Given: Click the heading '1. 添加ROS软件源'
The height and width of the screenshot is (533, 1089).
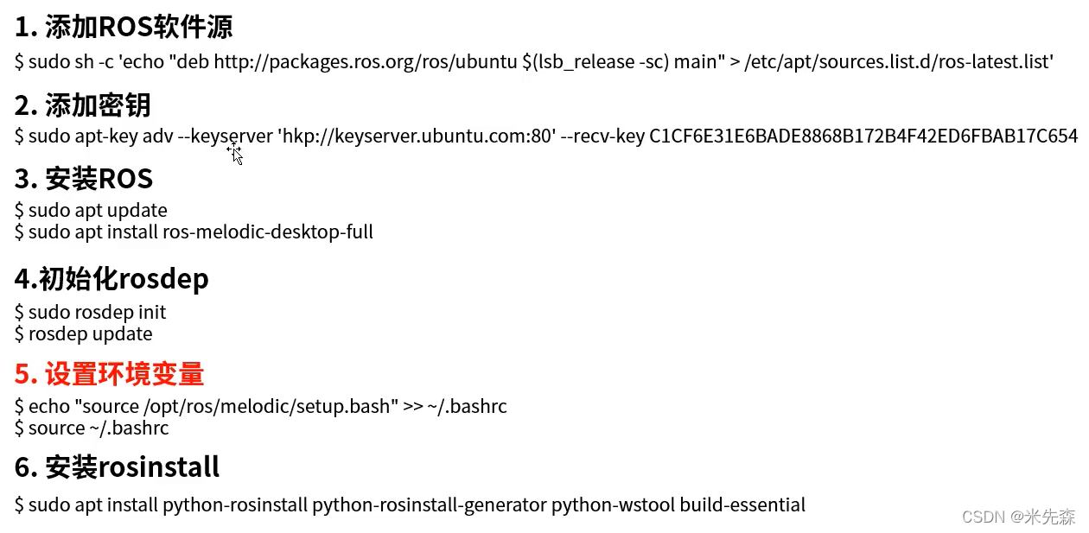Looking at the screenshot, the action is point(124,28).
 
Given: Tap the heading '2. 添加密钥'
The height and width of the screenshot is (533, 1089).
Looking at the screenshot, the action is point(83,105).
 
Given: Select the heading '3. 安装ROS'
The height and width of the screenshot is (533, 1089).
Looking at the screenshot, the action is point(84,179).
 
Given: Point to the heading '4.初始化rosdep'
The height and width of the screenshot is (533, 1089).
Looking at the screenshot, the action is point(111,279).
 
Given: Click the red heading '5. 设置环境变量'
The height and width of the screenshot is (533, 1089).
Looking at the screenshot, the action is point(109,374).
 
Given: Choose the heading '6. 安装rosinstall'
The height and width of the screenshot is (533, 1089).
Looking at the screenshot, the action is point(117,467).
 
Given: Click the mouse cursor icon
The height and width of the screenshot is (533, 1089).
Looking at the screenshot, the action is point(235,154).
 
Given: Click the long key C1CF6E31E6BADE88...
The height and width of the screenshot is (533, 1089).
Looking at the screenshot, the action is point(863,136).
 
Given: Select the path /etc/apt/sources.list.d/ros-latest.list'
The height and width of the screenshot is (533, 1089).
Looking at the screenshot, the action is point(898,61).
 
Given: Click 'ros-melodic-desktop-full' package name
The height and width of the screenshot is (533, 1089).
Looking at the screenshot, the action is point(268,232).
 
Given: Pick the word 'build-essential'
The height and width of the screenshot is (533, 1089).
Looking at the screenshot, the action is point(742,504).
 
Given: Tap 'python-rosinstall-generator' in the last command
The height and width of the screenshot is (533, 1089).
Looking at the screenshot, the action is point(429,504).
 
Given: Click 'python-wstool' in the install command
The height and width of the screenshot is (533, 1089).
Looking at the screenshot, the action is point(613,504).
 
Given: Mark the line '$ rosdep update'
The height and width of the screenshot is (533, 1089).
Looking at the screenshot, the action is point(84,333).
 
